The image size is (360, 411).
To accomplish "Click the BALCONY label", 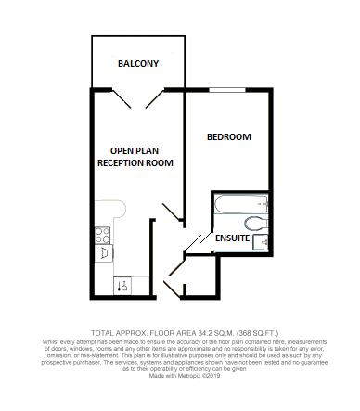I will pos(137,63).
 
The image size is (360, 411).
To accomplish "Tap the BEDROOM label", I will pos(228,137).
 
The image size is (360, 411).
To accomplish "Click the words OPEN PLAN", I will pos(135,150).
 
